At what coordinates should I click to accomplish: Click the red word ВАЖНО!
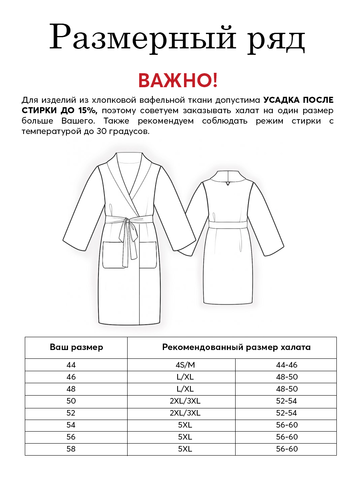tap(178, 80)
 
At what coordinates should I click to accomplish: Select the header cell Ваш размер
tap(76, 347)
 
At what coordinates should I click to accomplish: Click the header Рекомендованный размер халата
tap(236, 347)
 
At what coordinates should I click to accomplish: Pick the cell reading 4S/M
tap(181, 365)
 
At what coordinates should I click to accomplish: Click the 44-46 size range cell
tap(287, 365)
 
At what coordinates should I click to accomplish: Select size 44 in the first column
tap(71, 365)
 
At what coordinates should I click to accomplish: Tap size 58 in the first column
tap(71, 449)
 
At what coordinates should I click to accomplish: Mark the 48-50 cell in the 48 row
tap(287, 389)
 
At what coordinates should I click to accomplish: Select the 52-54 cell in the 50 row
tap(287, 401)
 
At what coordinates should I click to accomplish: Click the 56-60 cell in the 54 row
tap(287, 425)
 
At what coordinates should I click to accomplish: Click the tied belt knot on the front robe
tap(127, 221)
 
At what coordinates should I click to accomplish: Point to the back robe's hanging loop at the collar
tap(228, 184)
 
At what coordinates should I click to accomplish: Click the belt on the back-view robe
tap(228, 224)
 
